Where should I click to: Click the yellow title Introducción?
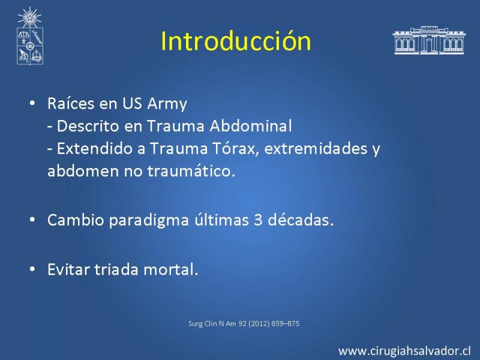[236, 41]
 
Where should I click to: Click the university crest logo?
[29, 36]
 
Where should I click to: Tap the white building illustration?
[429, 40]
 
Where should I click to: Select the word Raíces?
[71, 103]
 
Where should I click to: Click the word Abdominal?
[251, 126]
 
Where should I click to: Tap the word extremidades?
[316, 148]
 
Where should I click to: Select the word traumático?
[191, 171]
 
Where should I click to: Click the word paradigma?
[149, 220]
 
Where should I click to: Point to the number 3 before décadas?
[258, 220]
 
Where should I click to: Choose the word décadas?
[301, 220]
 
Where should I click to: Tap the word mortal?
[171, 269]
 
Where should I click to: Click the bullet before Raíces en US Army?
[32, 103]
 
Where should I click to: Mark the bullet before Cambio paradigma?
[32, 220]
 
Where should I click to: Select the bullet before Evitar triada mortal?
[32, 269]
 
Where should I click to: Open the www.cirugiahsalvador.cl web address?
[404, 350]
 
